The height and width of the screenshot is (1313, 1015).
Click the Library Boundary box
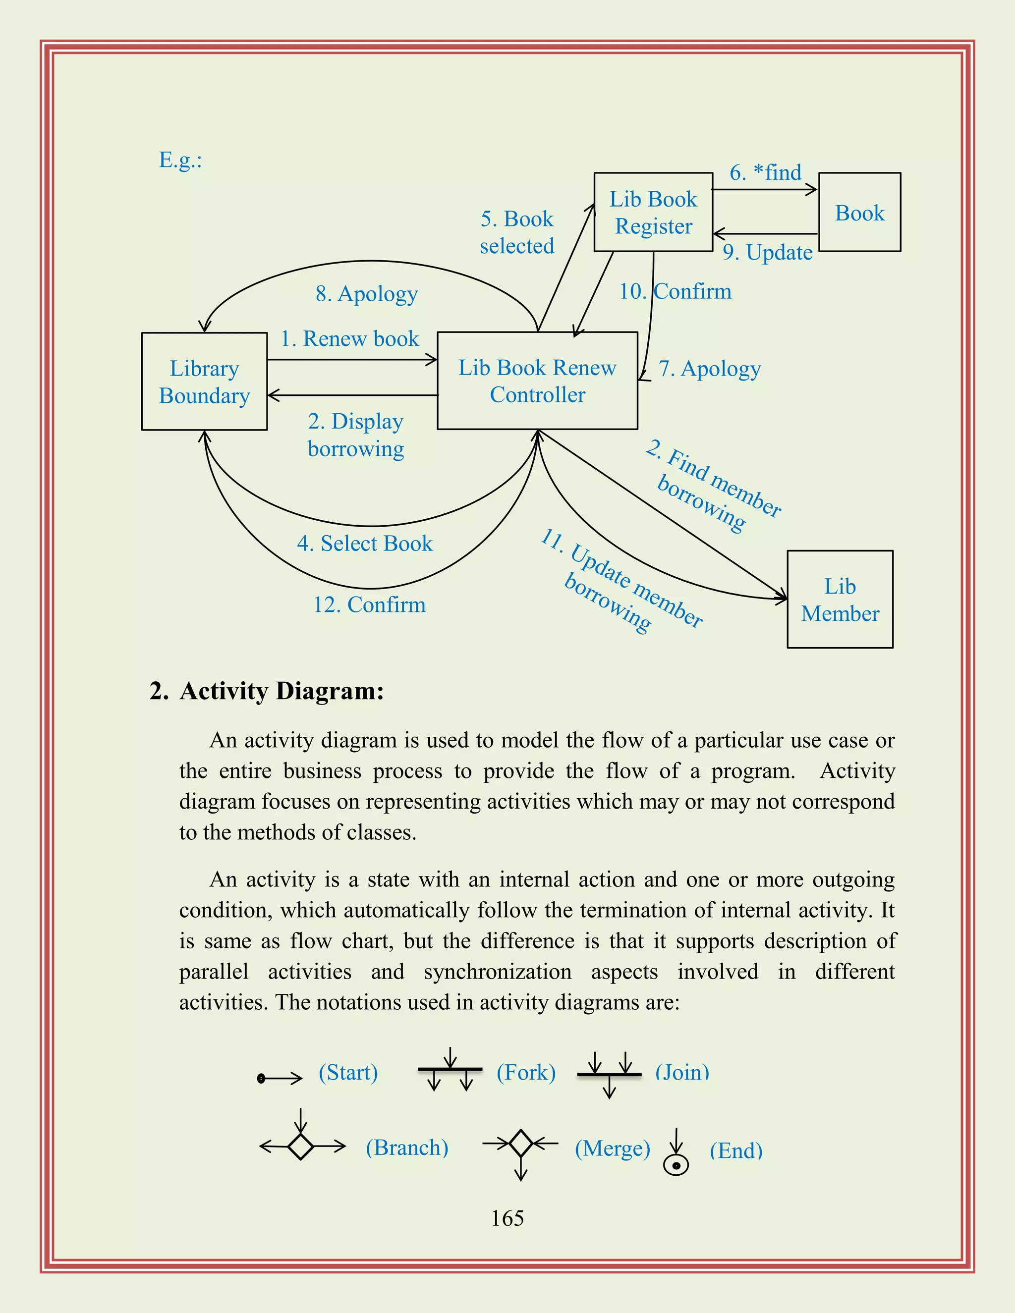(205, 382)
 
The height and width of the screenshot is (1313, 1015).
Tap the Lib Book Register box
(653, 212)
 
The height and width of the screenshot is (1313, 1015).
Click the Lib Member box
(840, 600)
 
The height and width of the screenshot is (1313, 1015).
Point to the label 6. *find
(765, 172)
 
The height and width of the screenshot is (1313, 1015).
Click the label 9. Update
(767, 253)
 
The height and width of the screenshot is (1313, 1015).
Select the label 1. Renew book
(349, 338)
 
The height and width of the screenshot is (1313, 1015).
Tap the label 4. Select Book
(364, 544)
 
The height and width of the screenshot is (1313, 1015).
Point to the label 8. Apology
(367, 294)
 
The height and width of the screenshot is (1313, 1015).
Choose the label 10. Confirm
(676, 291)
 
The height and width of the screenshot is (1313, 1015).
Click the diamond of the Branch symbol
(301, 1147)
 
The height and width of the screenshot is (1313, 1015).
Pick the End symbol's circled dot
(676, 1166)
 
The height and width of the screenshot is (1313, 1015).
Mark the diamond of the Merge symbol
(521, 1143)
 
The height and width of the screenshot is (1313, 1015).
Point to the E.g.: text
(180, 160)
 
